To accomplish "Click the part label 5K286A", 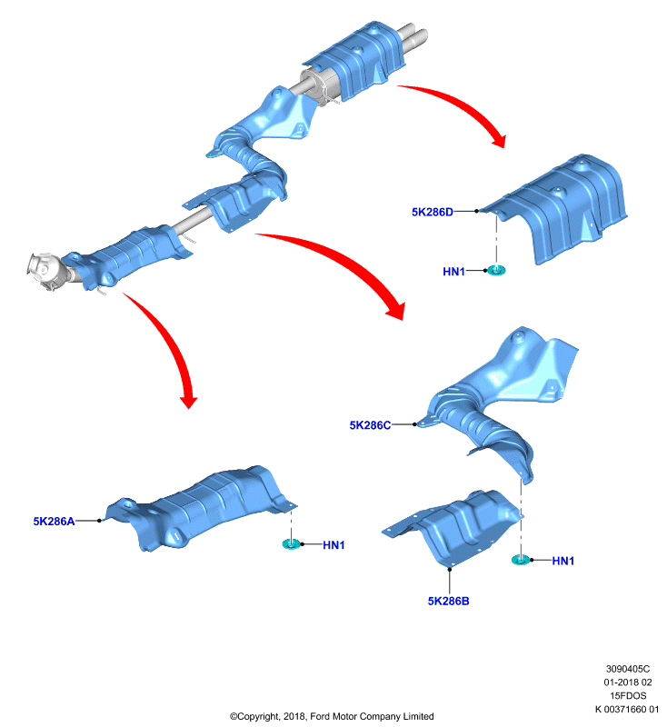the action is pyautogui.click(x=54, y=522).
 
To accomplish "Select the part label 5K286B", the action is pyautogui.click(x=448, y=602).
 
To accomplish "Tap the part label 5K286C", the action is pyautogui.click(x=370, y=425).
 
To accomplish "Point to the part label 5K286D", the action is pyautogui.click(x=433, y=213).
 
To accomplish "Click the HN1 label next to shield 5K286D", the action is pyautogui.click(x=453, y=272).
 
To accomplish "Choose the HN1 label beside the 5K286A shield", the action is pyautogui.click(x=333, y=545).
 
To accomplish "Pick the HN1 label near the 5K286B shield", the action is pyautogui.click(x=563, y=561).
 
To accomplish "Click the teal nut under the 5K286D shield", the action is pyautogui.click(x=496, y=270).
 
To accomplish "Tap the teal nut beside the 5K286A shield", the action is pyautogui.click(x=291, y=543).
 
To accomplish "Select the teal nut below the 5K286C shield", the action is pyautogui.click(x=521, y=560).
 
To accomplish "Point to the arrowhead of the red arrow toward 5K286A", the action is pyautogui.click(x=189, y=402).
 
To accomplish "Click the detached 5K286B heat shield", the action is pyautogui.click(x=452, y=529).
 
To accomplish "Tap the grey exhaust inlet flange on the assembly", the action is pyautogui.click(x=43, y=270).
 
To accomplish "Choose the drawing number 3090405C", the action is pyautogui.click(x=628, y=669).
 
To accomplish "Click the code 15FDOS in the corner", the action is pyautogui.click(x=628, y=696).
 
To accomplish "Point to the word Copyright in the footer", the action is pyautogui.click(x=256, y=717).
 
